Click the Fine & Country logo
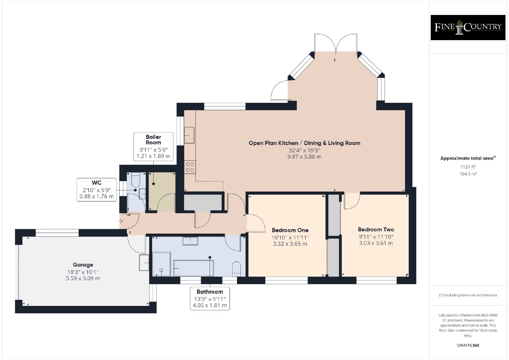468,27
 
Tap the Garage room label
83,265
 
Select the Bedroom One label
290,230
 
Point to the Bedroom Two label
376,229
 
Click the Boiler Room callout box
153,147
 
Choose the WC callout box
97,190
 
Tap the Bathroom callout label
210,298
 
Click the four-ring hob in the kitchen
190,167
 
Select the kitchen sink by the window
189,135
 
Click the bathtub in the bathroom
194,268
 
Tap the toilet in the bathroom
237,269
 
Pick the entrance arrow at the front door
121,221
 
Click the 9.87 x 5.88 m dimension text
304,157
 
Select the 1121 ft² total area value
468,167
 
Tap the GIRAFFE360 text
468,345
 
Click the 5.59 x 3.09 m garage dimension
83,279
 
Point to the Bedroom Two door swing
352,201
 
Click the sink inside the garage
144,263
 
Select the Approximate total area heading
468,158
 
